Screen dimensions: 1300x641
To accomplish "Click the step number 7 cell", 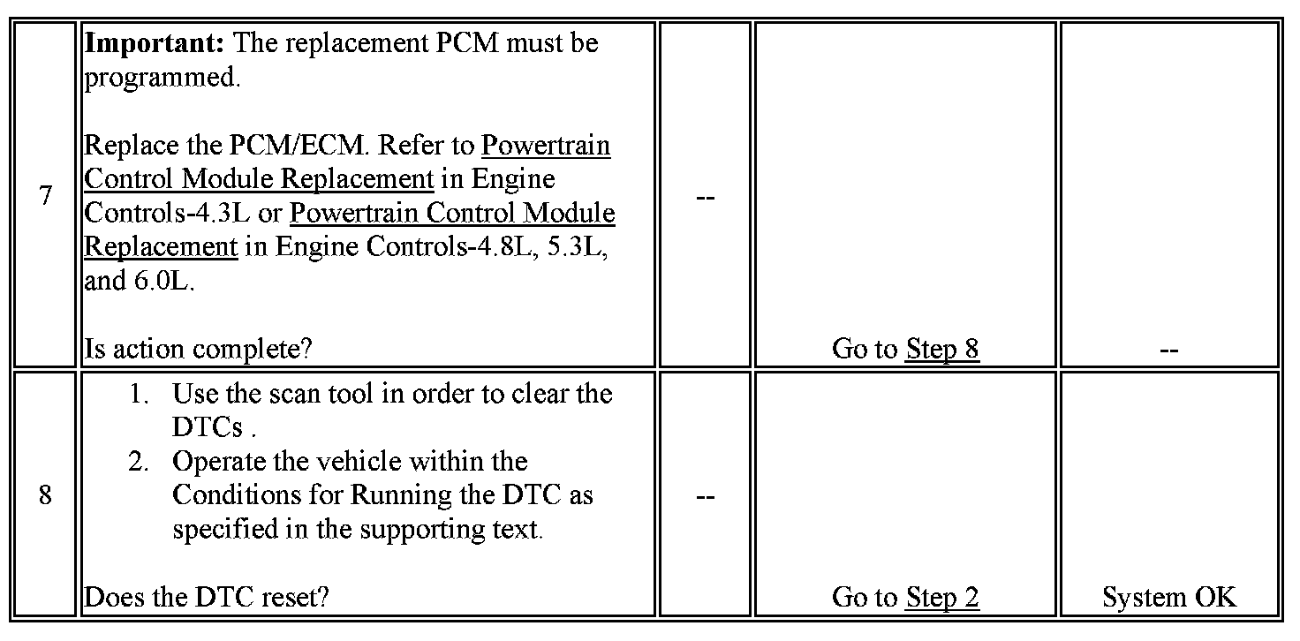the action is (45, 195).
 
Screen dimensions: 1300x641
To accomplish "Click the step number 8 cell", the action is (45, 495).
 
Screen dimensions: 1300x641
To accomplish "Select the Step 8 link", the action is (942, 349).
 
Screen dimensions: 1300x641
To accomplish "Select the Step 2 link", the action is (942, 598).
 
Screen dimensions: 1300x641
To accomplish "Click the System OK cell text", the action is (1168, 598).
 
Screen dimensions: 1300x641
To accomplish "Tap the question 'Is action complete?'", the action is (198, 350).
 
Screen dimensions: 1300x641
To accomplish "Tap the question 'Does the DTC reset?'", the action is (207, 598).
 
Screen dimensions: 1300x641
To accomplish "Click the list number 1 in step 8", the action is (140, 393).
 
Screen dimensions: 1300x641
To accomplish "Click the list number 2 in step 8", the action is (140, 462).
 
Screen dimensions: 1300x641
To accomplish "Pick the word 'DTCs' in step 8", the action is (207, 427).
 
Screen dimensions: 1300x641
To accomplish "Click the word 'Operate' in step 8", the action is (217, 462).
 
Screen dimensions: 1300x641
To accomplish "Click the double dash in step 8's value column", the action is (705, 496).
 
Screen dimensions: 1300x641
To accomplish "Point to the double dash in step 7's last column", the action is (1168, 350).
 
